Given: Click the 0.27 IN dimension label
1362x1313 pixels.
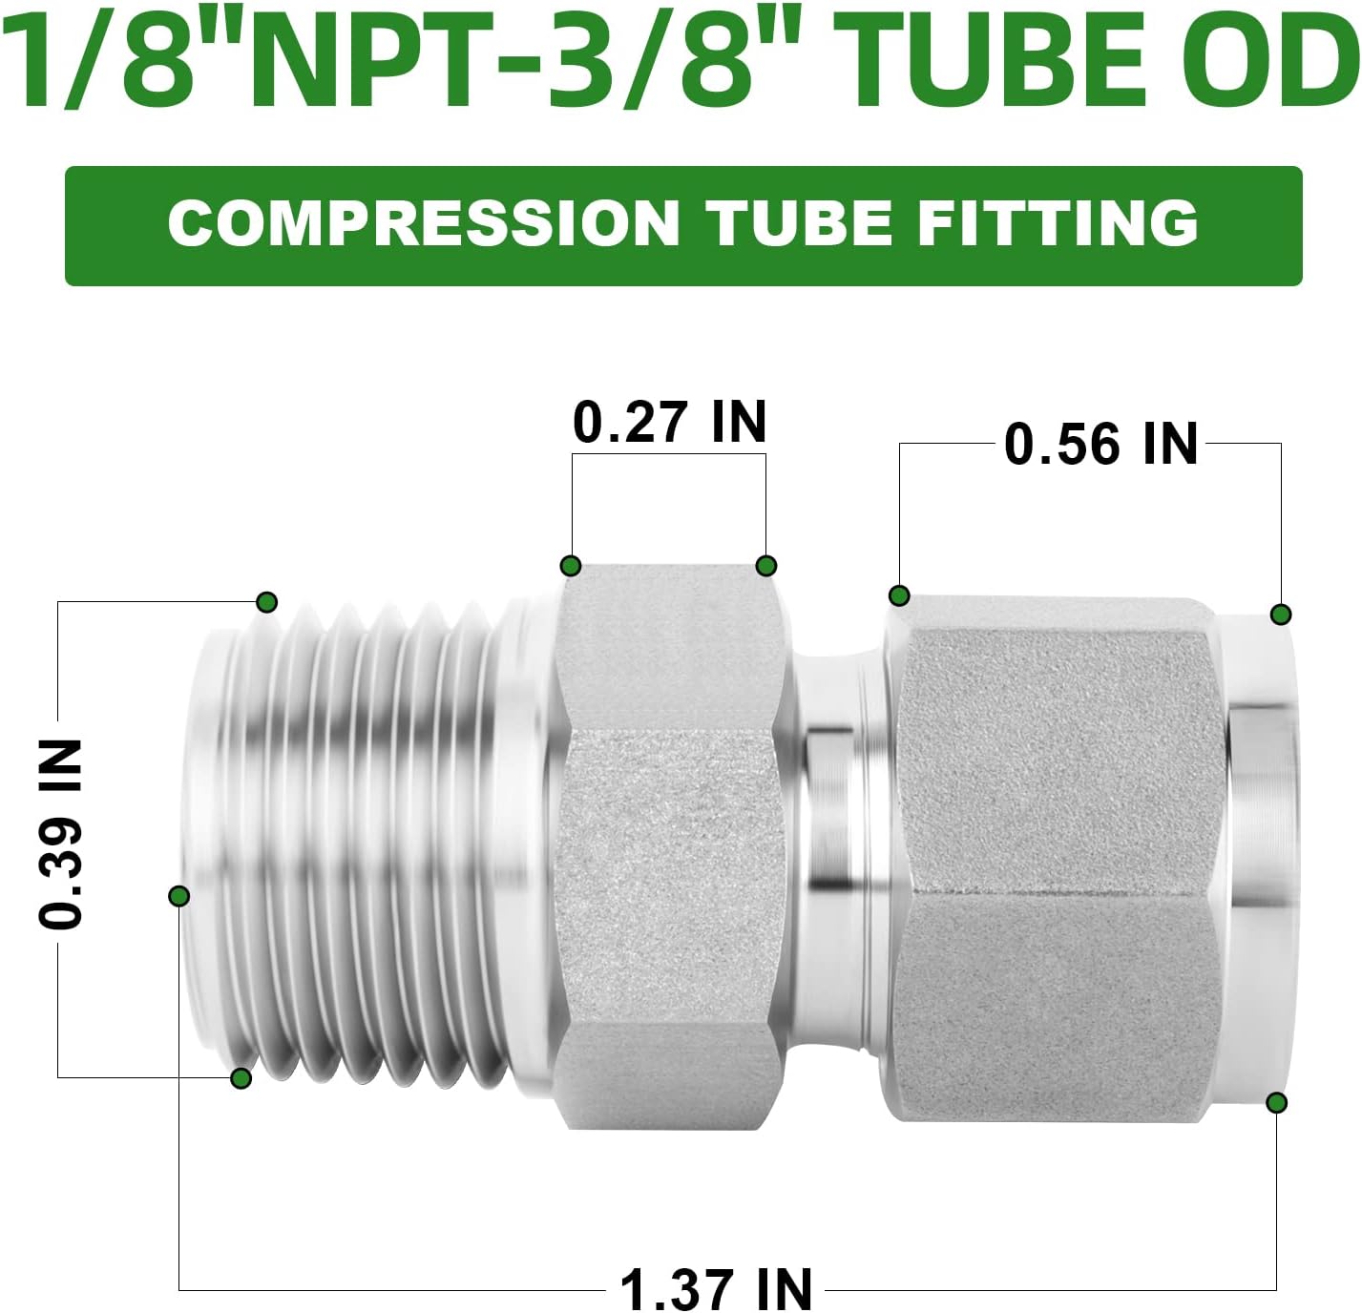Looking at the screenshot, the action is click(670, 422).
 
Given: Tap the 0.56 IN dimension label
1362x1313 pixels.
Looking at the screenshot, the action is click(1100, 444).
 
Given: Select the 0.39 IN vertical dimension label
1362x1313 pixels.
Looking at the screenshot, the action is click(60, 835).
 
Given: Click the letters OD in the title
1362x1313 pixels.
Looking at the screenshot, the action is click(1270, 64).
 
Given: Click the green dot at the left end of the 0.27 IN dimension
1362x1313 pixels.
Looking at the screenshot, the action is click(571, 566).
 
